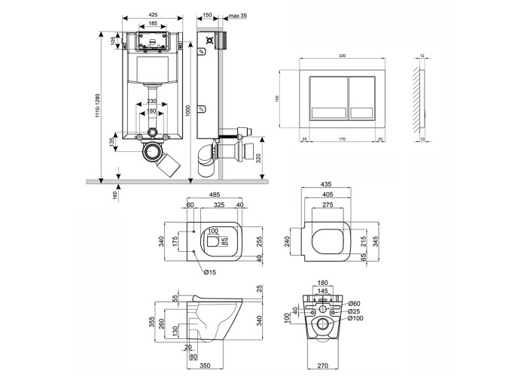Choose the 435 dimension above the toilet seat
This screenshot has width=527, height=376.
[x=327, y=183]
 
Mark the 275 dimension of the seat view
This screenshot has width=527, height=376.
[x=327, y=204]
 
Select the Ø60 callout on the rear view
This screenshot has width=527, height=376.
[x=354, y=302]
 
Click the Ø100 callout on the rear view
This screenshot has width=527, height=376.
[x=355, y=318]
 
